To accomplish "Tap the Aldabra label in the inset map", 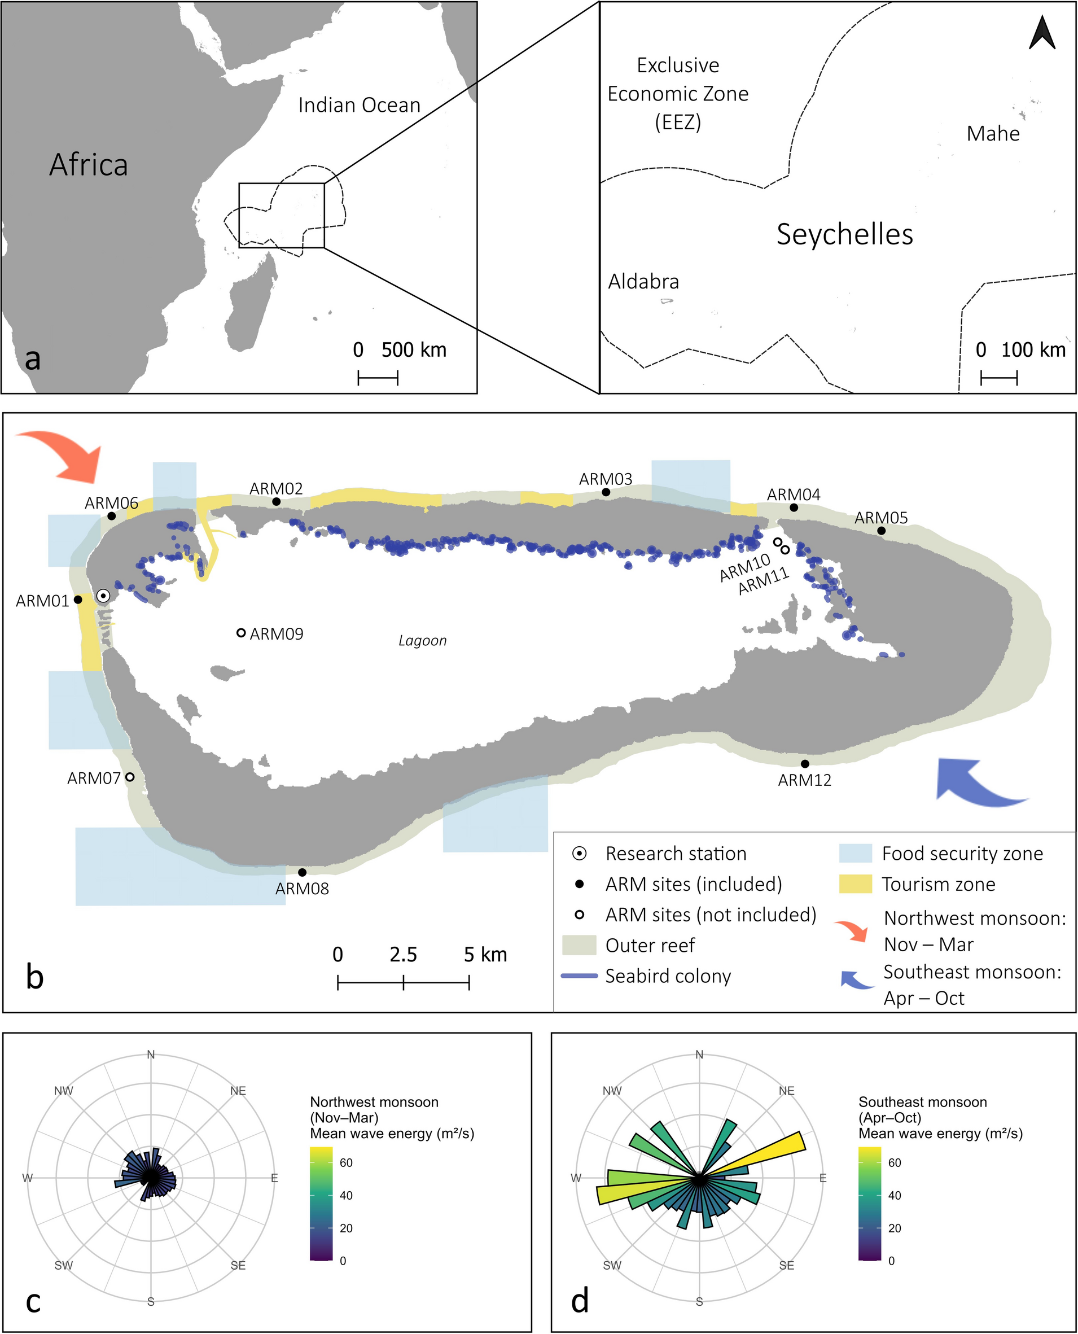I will pyautogui.click(x=643, y=282).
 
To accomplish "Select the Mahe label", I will pyautogui.click(x=993, y=134).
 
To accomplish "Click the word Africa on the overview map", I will pyautogui.click(x=89, y=165).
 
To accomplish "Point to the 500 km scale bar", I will pyautogui.click(x=378, y=377).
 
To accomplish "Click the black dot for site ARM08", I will pyautogui.click(x=303, y=873).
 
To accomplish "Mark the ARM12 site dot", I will pyautogui.click(x=805, y=764).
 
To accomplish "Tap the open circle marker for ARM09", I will pyautogui.click(x=242, y=633).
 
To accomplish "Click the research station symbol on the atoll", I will pyautogui.click(x=104, y=596).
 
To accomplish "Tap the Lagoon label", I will pyautogui.click(x=422, y=641).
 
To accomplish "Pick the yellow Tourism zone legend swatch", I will pyautogui.click(x=855, y=885).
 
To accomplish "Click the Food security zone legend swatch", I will pyautogui.click(x=855, y=854).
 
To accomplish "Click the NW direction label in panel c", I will pyautogui.click(x=63, y=1091).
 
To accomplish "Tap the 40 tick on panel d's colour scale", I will pyautogui.click(x=894, y=1196).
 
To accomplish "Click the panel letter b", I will pyautogui.click(x=35, y=978).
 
